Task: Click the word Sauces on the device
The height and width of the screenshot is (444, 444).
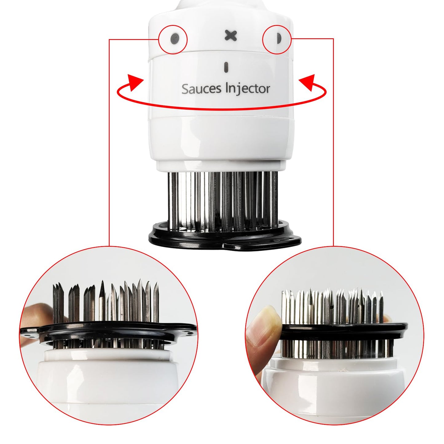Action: [x=201, y=89]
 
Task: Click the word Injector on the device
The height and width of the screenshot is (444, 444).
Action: [x=248, y=88]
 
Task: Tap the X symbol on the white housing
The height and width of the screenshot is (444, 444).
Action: [x=230, y=36]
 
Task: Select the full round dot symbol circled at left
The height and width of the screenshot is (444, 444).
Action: [x=175, y=39]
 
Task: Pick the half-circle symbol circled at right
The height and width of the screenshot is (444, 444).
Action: [x=278, y=39]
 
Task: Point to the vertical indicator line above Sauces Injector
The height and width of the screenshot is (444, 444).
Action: [x=226, y=67]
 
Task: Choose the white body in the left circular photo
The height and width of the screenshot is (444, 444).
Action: [x=108, y=384]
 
